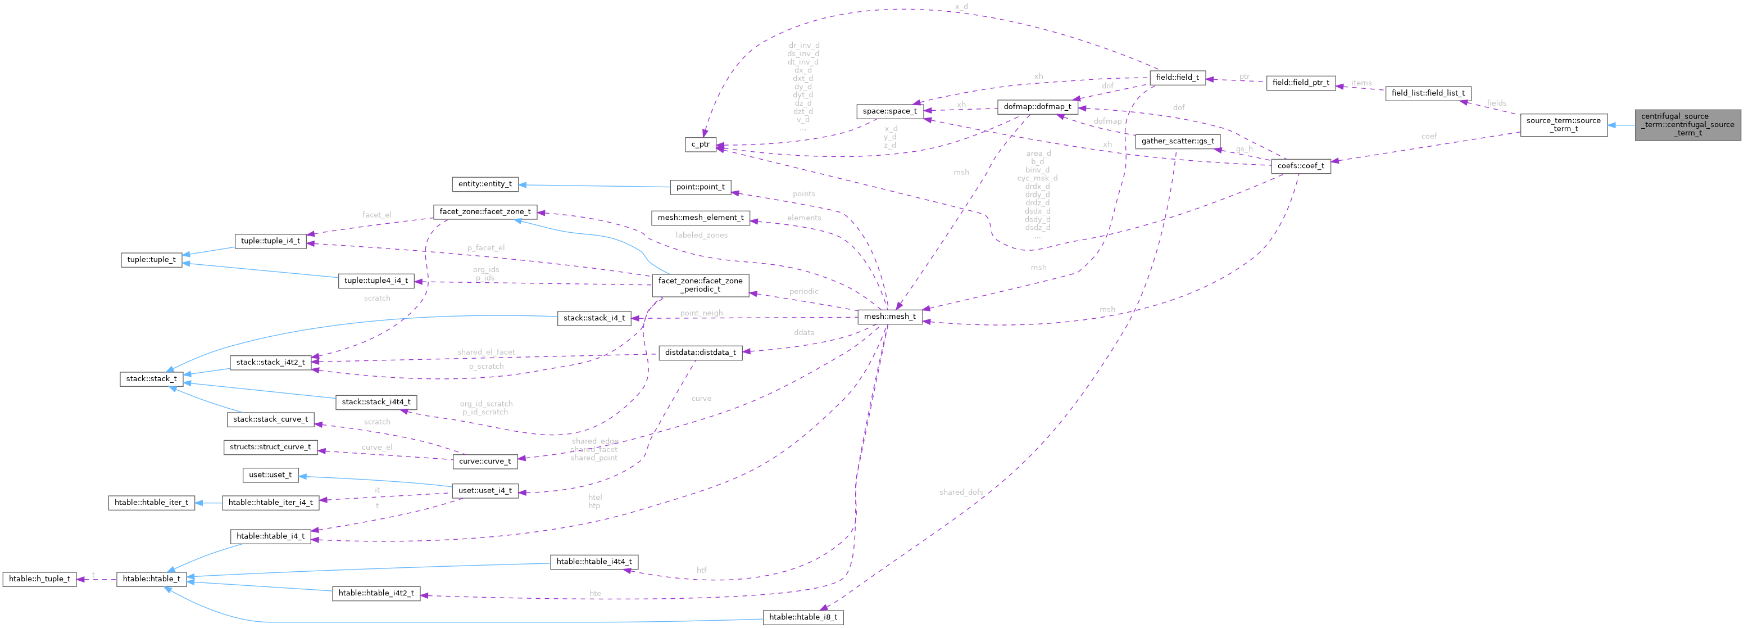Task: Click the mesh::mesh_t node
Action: pyautogui.click(x=889, y=317)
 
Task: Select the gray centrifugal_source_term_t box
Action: pyautogui.click(x=1687, y=125)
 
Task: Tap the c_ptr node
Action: pyautogui.click(x=700, y=144)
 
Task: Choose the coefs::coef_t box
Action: pyautogui.click(x=1300, y=166)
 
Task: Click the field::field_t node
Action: pyautogui.click(x=1177, y=77)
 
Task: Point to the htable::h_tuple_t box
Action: pyautogui.click(x=39, y=579)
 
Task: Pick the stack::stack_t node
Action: pyautogui.click(x=151, y=379)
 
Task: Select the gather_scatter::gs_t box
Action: pyautogui.click(x=1177, y=141)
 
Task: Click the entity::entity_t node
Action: pyautogui.click(x=485, y=184)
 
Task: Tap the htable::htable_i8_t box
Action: pyautogui.click(x=803, y=617)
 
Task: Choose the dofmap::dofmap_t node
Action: pyautogui.click(x=1037, y=106)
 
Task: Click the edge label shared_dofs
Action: pyautogui.click(x=961, y=492)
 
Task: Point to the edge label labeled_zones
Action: pyautogui.click(x=701, y=235)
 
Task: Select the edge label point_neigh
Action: pyautogui.click(x=701, y=313)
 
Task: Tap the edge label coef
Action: pyautogui.click(x=1428, y=136)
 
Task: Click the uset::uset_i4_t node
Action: pyautogui.click(x=485, y=490)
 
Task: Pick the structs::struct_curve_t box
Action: pyautogui.click(x=270, y=447)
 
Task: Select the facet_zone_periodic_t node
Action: pyautogui.click(x=700, y=284)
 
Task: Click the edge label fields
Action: pyautogui.click(x=1496, y=103)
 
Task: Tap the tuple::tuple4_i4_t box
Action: pyautogui.click(x=376, y=281)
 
